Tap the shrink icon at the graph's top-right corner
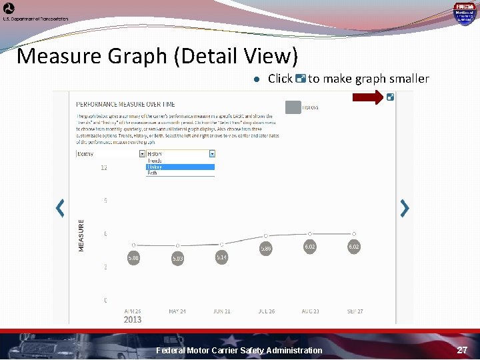coord(390,97)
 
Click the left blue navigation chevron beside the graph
coord(60,208)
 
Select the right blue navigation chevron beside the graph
coord(404,208)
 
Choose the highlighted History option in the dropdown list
coord(180,167)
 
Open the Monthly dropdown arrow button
coord(141,153)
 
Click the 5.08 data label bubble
coord(133,257)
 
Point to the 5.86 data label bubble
coord(266,248)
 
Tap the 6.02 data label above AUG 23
coord(310,246)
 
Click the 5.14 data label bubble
coord(221,257)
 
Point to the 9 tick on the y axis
coord(105,201)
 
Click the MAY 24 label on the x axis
coord(177,311)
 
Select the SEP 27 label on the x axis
coord(354,311)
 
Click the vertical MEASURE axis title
coord(82,235)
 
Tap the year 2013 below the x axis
coord(133,319)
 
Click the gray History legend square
coord(292,107)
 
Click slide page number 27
coord(462,350)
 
